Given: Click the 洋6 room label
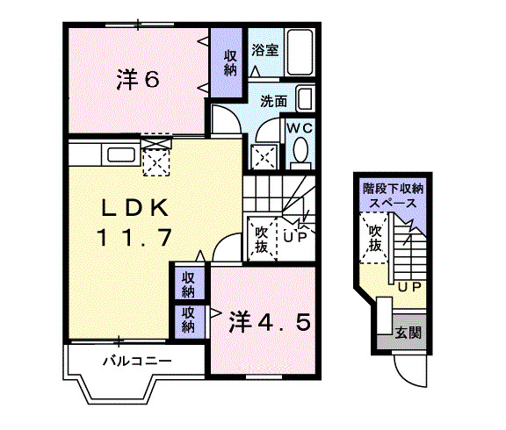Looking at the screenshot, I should pyautogui.click(x=138, y=80).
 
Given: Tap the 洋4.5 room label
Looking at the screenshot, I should pyautogui.click(x=270, y=322).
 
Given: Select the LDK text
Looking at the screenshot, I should pyautogui.click(x=133, y=208).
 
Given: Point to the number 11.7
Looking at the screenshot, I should pyautogui.click(x=134, y=237).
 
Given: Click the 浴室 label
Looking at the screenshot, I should pyautogui.click(x=265, y=49).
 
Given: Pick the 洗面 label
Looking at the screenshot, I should pyautogui.click(x=273, y=101).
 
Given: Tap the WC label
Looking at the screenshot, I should pyautogui.click(x=301, y=127).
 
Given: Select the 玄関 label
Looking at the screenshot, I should pyautogui.click(x=407, y=333).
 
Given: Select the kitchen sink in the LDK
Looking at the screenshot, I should pyautogui.click(x=119, y=156).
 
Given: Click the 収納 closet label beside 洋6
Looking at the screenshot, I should pyautogui.click(x=230, y=62).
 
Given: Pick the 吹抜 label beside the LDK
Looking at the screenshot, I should pyautogui.click(x=262, y=239).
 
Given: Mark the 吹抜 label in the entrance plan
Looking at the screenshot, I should pyautogui.click(x=375, y=239).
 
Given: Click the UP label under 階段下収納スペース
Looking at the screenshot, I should pyautogui.click(x=408, y=287).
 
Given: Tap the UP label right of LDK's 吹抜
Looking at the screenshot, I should pyautogui.click(x=294, y=234).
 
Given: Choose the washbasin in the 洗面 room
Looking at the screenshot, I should pyautogui.click(x=304, y=98).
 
